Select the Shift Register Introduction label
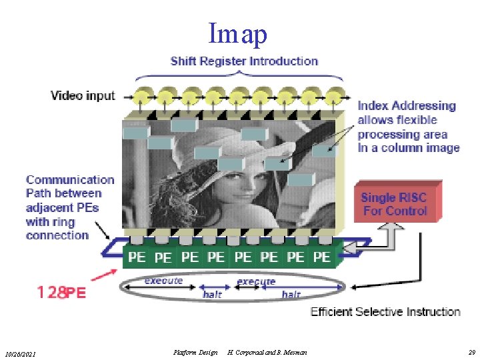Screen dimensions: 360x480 coord(244,61)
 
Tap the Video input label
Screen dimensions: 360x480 coord(83,95)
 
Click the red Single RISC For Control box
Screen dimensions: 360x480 coord(394,204)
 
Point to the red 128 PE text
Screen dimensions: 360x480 coord(62,293)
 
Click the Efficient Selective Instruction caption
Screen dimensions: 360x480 coord(385,311)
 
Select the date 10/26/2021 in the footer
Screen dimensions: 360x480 coord(21,352)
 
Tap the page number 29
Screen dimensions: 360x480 coord(471,351)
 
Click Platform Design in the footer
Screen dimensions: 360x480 coord(195,351)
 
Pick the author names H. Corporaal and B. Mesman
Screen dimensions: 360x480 coord(267,351)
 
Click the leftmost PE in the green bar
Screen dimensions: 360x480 coord(137,257)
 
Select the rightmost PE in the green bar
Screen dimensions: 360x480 coord(321,257)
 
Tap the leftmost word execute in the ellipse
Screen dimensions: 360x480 coord(163,281)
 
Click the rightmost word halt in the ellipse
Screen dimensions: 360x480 coord(291,294)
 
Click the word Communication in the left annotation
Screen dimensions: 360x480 coord(70,179)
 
